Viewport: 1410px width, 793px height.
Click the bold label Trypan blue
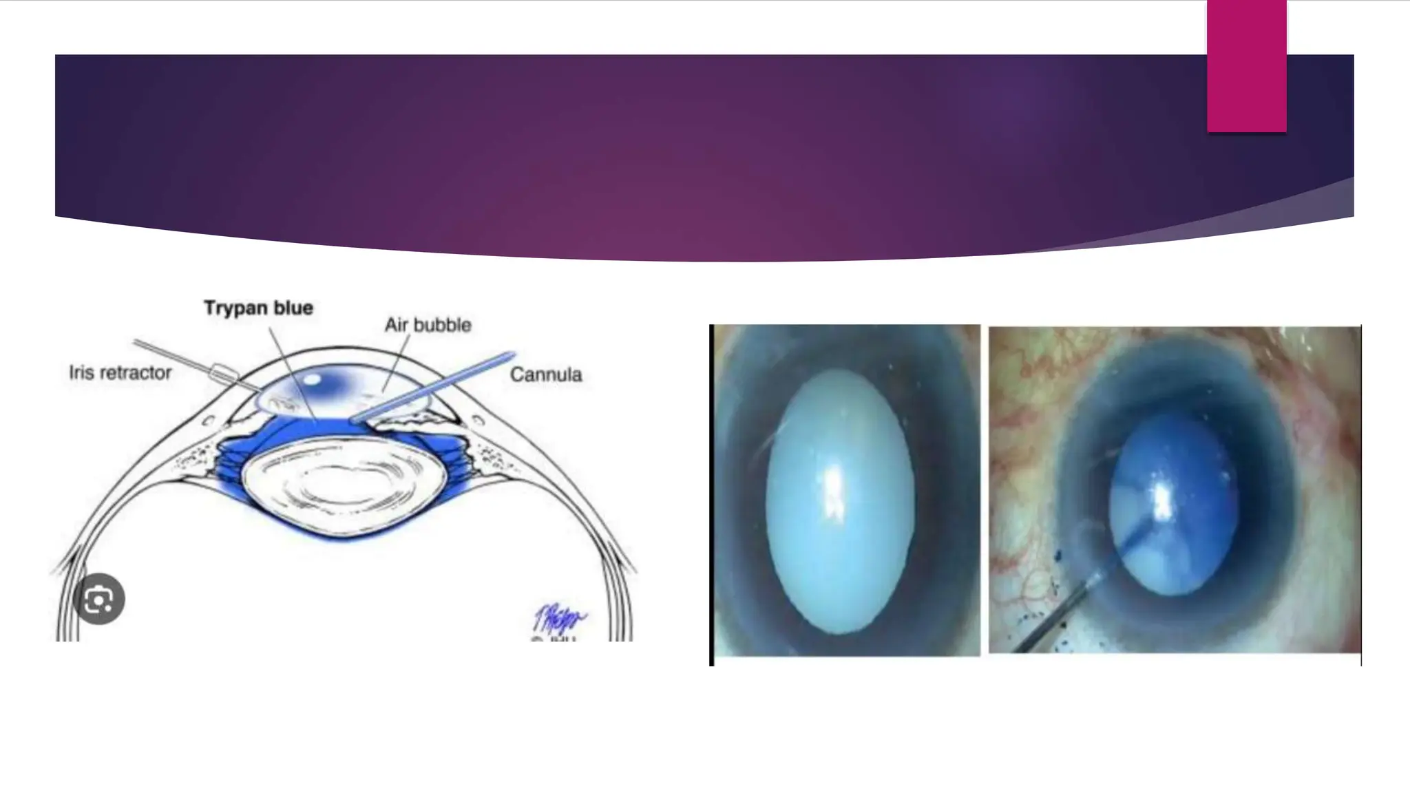(258, 308)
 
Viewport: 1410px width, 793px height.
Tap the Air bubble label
(428, 325)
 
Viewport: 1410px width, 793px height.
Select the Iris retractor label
(120, 373)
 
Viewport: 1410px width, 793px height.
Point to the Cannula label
(545, 374)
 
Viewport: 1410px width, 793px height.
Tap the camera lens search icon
(99, 599)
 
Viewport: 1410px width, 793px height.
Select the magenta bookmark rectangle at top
(1246, 66)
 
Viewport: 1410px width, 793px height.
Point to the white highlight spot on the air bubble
(311, 379)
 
